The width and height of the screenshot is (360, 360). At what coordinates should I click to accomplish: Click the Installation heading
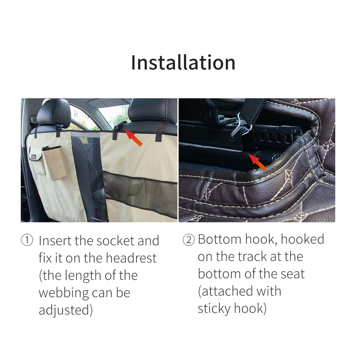[183, 63]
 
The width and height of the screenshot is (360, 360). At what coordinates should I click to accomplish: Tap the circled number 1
[27, 241]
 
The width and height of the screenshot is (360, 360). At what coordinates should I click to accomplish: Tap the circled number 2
[188, 240]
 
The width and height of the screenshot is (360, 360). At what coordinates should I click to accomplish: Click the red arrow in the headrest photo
[134, 138]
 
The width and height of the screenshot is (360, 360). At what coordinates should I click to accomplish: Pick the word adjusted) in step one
[66, 310]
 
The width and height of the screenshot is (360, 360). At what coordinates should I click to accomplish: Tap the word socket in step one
[116, 241]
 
